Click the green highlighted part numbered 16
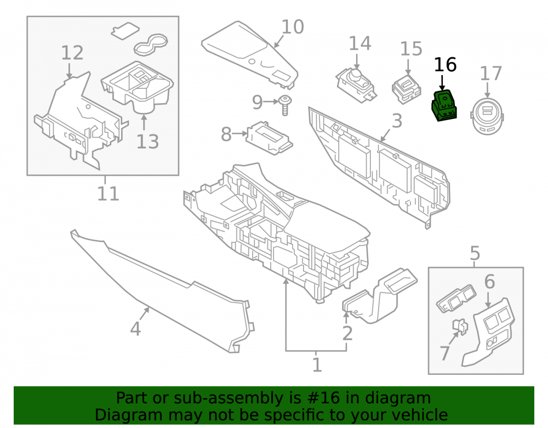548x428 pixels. [444, 106]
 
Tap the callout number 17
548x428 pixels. [490, 74]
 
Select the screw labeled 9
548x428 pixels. [286, 106]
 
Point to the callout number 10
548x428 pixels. [293, 27]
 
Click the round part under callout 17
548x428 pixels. [487, 116]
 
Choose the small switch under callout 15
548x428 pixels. [407, 90]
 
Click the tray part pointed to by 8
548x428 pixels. [269, 138]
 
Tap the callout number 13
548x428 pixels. [147, 141]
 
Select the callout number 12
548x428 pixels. [72, 53]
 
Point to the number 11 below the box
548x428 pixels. [108, 193]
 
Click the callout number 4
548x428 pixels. [135, 328]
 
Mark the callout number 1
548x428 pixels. [317, 365]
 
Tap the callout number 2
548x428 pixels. [347, 333]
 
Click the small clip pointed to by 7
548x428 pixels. [460, 326]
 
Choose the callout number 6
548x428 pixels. [489, 282]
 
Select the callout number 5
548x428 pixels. [475, 253]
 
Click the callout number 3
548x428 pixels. [397, 121]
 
